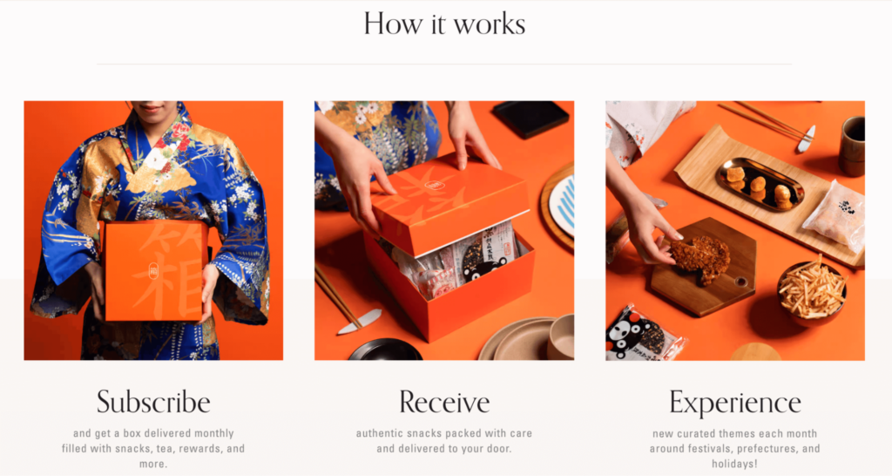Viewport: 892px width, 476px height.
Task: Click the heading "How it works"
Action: (444, 24)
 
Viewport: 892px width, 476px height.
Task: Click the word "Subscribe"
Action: (153, 402)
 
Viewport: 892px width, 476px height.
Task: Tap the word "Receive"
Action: (444, 402)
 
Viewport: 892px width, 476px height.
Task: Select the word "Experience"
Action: (735, 403)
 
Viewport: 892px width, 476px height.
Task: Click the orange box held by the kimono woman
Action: (155, 271)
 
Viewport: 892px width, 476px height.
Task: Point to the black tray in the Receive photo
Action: (530, 119)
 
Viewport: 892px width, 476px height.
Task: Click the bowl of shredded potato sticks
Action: (812, 291)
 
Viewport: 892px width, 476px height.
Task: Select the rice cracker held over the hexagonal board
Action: (699, 259)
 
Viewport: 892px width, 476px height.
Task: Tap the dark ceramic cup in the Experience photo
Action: (852, 146)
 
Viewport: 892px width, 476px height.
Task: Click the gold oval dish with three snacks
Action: (760, 185)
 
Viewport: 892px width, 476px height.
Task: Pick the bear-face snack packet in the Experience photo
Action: (643, 336)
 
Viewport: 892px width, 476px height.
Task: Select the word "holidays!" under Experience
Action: (735, 464)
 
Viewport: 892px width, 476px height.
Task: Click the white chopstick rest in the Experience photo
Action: (806, 139)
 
